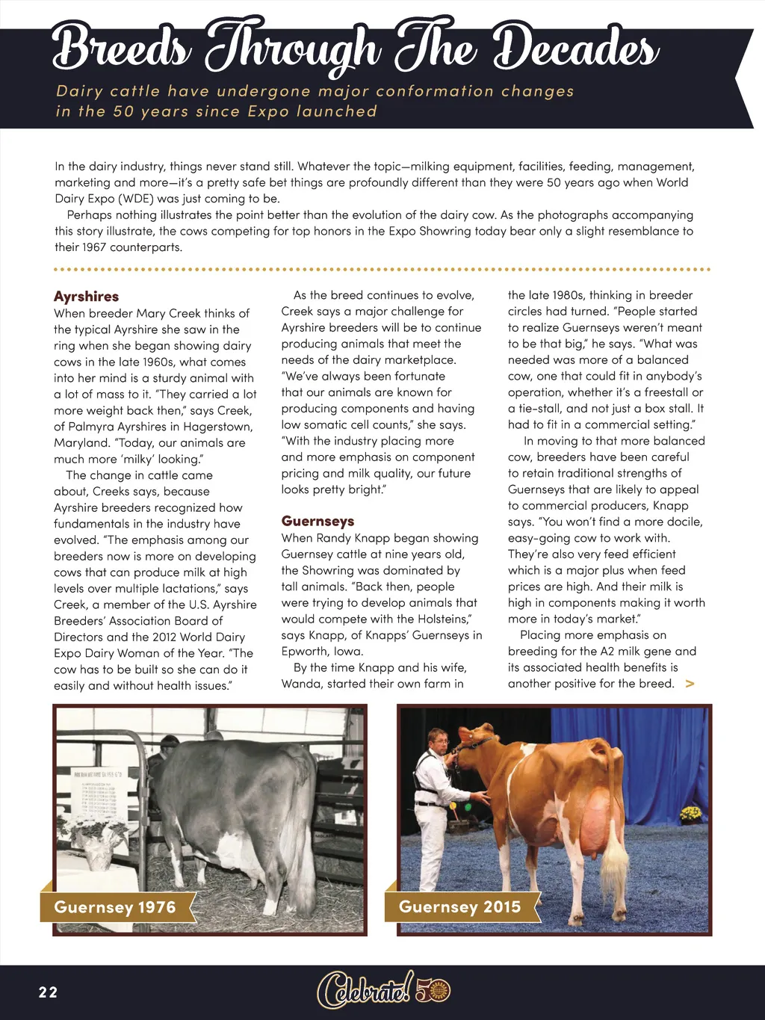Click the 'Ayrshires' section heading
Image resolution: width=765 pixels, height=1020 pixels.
point(86,297)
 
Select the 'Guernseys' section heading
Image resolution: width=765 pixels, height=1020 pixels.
point(318,522)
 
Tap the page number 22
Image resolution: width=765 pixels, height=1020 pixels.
point(48,992)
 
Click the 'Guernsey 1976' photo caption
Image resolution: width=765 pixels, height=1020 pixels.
point(115,907)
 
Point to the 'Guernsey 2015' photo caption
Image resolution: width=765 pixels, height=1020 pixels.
point(459,907)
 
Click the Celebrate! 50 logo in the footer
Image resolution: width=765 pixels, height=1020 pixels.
point(383,991)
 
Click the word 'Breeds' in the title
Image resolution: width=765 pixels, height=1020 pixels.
point(120,46)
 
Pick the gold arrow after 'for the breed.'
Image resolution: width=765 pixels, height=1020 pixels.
point(690,684)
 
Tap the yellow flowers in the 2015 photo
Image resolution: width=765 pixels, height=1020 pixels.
point(691,813)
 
